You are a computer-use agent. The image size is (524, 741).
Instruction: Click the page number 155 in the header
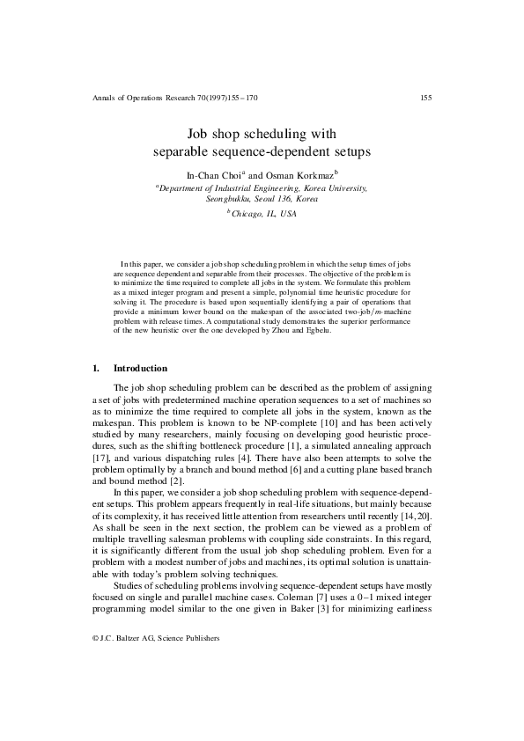pos(425,98)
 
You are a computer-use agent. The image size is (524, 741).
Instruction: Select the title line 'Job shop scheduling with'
pos(262,136)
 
